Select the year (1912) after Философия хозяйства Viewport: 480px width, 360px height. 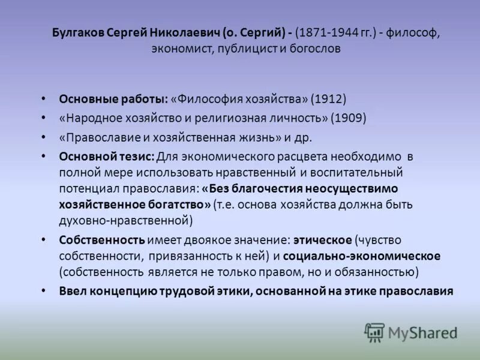tap(329, 98)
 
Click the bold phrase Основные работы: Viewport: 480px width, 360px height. tap(114, 98)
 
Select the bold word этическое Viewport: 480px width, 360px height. tap(322, 240)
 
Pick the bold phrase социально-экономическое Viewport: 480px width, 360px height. tap(361, 256)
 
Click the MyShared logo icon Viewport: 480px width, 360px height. tap(374, 332)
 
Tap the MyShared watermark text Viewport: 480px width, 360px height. tap(422, 333)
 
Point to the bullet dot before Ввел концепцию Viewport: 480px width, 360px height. tap(43, 291)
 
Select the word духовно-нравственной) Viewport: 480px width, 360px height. tap(126, 221)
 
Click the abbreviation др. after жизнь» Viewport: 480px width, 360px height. tap(302, 137)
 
